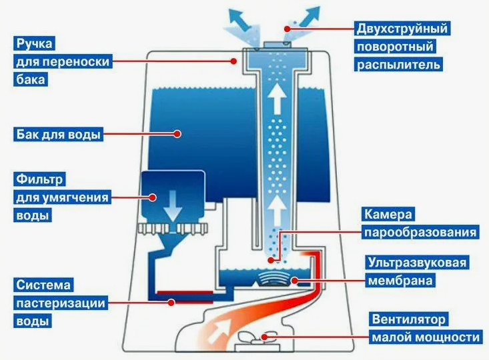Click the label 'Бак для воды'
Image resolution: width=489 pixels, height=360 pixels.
tap(58, 134)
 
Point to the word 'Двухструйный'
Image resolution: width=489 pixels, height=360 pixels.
tap(401, 29)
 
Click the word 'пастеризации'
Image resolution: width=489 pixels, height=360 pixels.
tap(61, 303)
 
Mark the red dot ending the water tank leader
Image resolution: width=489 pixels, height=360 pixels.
tap(178, 134)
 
